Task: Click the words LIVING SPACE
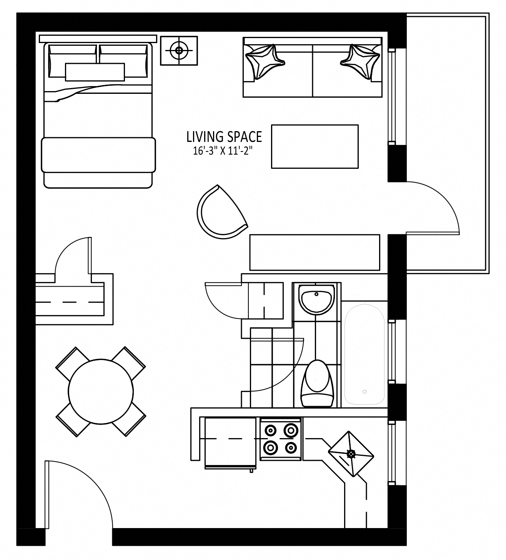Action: [x=224, y=137]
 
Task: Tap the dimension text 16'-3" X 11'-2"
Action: [x=223, y=151]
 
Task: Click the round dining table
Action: [x=101, y=392]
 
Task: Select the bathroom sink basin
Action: [x=316, y=299]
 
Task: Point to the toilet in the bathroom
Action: [x=317, y=383]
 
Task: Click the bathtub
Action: [x=365, y=354]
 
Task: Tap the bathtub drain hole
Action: [x=365, y=392]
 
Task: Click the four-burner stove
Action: [x=280, y=439]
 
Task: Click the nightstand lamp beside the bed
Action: [x=179, y=50]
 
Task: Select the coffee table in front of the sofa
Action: [x=315, y=147]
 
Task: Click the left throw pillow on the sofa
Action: [x=264, y=62]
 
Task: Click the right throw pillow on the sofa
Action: [x=360, y=62]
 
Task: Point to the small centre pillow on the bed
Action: [x=95, y=72]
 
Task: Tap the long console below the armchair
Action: [x=315, y=252]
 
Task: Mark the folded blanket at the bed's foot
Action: [x=98, y=155]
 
